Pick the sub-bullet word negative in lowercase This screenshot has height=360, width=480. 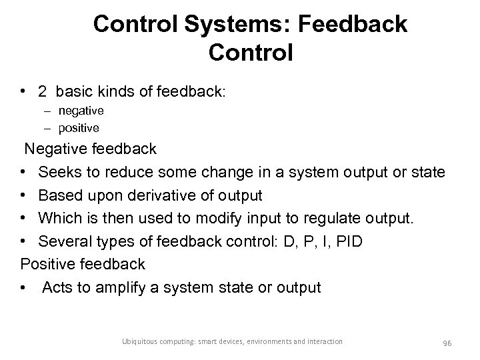(81, 110)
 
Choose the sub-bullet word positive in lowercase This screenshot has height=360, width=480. (79, 127)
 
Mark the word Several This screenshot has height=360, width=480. (65, 241)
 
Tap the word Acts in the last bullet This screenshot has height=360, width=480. (59, 287)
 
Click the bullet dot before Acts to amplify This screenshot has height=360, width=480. (24, 288)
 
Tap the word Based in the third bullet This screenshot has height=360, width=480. (60, 195)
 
